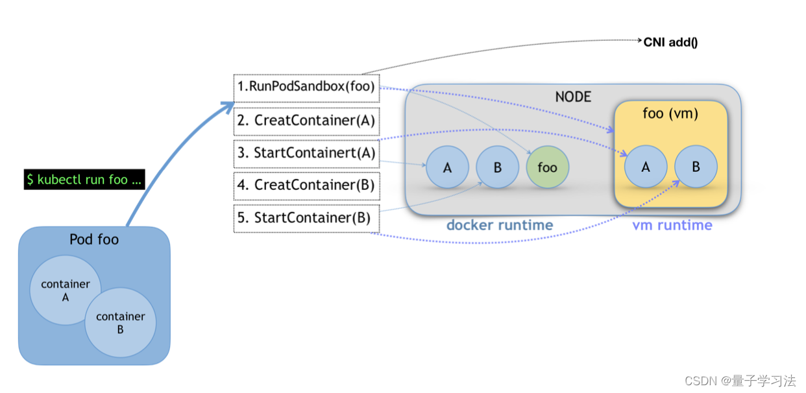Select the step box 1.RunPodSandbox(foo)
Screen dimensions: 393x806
306,88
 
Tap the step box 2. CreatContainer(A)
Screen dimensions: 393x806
306,121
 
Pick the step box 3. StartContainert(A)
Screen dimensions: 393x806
306,153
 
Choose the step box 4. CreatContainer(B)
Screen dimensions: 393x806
306,185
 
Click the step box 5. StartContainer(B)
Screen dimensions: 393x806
306,218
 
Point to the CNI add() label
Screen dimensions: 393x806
670,42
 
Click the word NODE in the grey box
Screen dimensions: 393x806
573,97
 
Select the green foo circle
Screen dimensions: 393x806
547,167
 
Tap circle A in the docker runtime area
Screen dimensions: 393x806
447,167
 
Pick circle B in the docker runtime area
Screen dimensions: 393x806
497,167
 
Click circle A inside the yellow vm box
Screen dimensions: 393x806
646,167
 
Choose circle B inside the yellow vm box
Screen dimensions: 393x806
696,167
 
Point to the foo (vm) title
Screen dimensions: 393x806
670,114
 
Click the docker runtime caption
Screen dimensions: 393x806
500,226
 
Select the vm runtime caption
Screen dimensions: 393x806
672,226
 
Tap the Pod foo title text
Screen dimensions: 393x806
94,240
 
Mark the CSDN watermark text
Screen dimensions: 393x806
740,381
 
